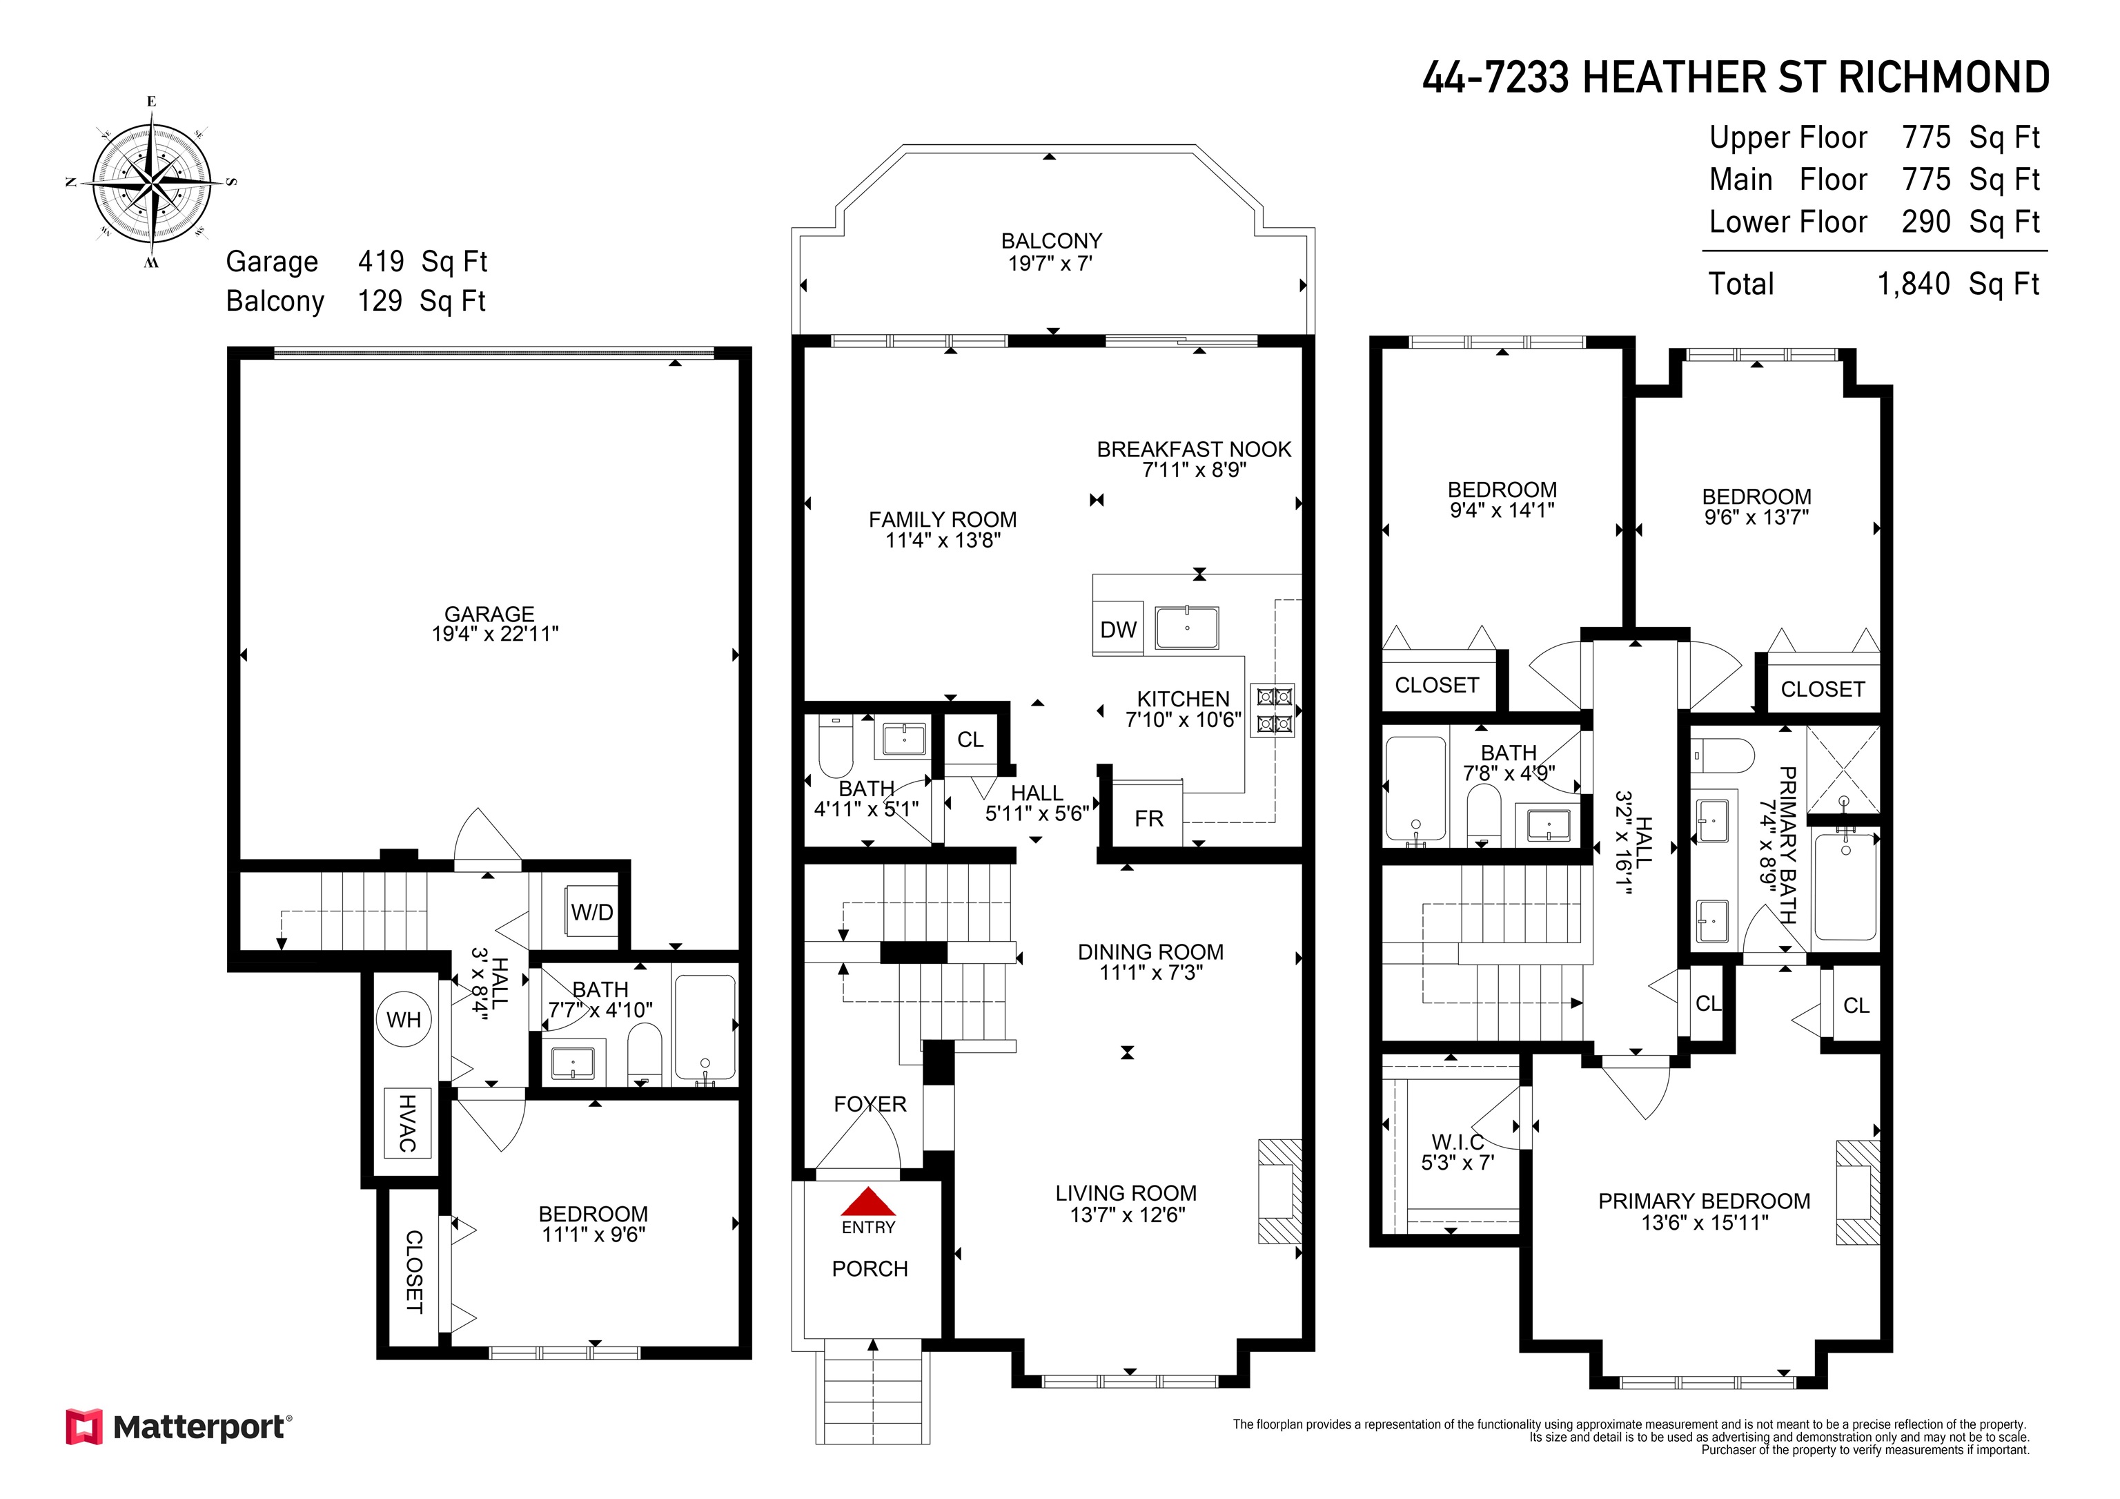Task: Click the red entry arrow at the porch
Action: tap(868, 1201)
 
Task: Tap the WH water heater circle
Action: tap(404, 1020)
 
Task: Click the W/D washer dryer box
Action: tap(592, 911)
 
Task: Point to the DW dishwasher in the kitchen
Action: tap(1118, 629)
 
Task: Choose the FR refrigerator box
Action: tap(1148, 813)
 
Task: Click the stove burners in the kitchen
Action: tap(1273, 710)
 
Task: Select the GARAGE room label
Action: tap(489, 615)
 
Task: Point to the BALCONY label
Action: tap(1052, 241)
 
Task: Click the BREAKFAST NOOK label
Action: tap(1194, 449)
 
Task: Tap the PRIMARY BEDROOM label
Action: tap(1705, 1201)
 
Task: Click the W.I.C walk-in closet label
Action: tap(1458, 1143)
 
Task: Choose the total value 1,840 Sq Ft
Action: tap(1959, 284)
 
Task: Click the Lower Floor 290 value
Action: tap(1926, 222)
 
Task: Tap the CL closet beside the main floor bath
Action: tap(970, 739)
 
